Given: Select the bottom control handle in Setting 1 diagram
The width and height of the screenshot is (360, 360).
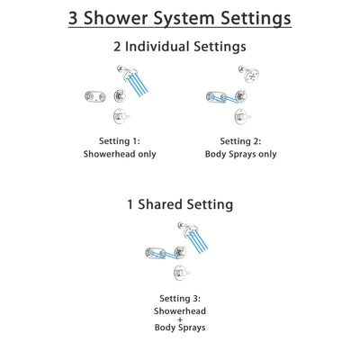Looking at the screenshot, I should point(119,115).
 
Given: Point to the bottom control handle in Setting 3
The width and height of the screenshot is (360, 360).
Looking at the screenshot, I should point(180,272).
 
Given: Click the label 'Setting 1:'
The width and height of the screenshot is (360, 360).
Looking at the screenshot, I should point(121,139).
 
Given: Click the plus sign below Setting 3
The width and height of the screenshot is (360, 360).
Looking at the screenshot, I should point(180,319).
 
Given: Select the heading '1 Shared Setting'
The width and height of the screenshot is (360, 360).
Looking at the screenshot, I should point(180,204).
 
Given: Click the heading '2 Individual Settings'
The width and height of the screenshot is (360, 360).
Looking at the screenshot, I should point(180,47).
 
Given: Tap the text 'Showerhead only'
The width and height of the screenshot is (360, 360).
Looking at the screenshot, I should point(121,154).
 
